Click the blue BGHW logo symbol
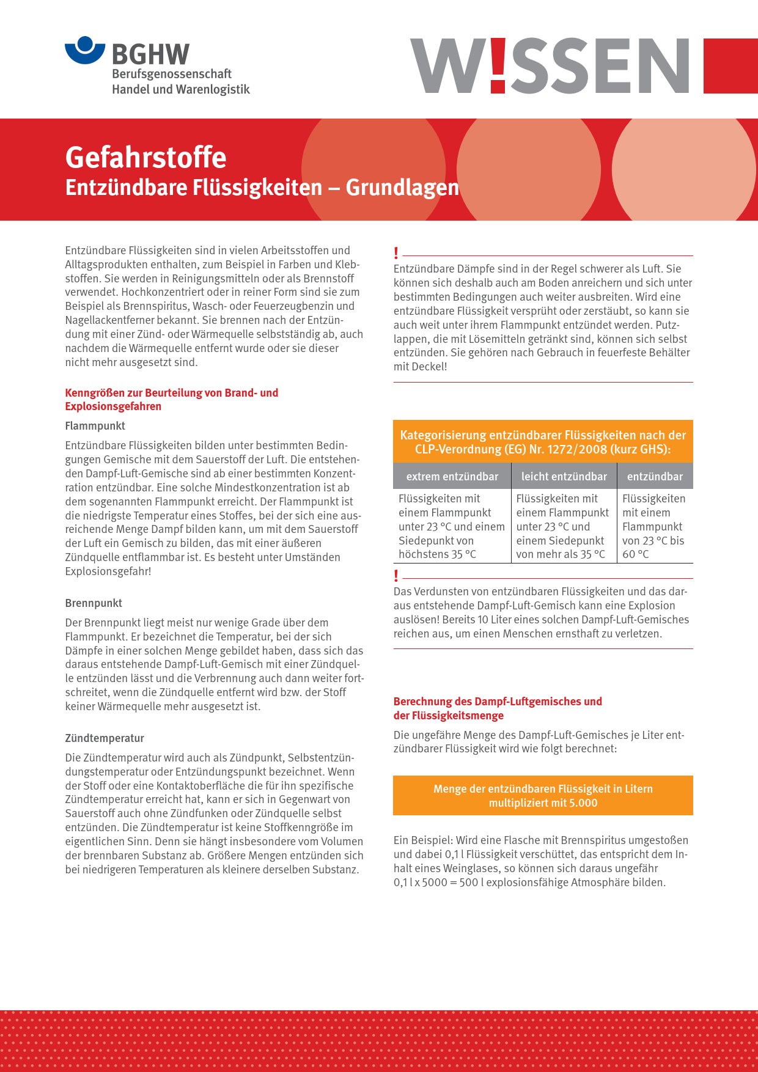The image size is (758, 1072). pyautogui.click(x=86, y=50)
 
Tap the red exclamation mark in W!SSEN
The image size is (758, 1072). pyautogui.click(x=498, y=65)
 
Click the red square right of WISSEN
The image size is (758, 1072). pyautogui.click(x=730, y=66)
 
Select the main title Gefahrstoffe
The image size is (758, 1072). pyautogui.click(x=145, y=157)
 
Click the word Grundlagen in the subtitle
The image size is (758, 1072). pyautogui.click(x=402, y=188)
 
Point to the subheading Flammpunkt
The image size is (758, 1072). pyautogui.click(x=95, y=426)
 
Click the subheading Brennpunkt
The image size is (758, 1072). pyautogui.click(x=94, y=603)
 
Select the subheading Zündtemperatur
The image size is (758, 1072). pyautogui.click(x=105, y=738)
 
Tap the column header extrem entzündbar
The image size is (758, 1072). pyautogui.click(x=452, y=477)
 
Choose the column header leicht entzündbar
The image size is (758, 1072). pyautogui.click(x=564, y=477)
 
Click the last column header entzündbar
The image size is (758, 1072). pyautogui.click(x=655, y=477)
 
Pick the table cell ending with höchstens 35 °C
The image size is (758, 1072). pyautogui.click(x=452, y=526)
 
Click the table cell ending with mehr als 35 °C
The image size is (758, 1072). pyautogui.click(x=563, y=526)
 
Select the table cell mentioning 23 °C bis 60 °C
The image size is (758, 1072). pyautogui.click(x=654, y=526)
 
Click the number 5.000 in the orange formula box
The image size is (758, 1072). pyautogui.click(x=583, y=803)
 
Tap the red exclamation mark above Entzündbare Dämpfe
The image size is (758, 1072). pyautogui.click(x=396, y=253)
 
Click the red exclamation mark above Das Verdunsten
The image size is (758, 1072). pyautogui.click(x=396, y=576)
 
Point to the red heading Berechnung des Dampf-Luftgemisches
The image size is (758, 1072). pyautogui.click(x=498, y=702)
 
